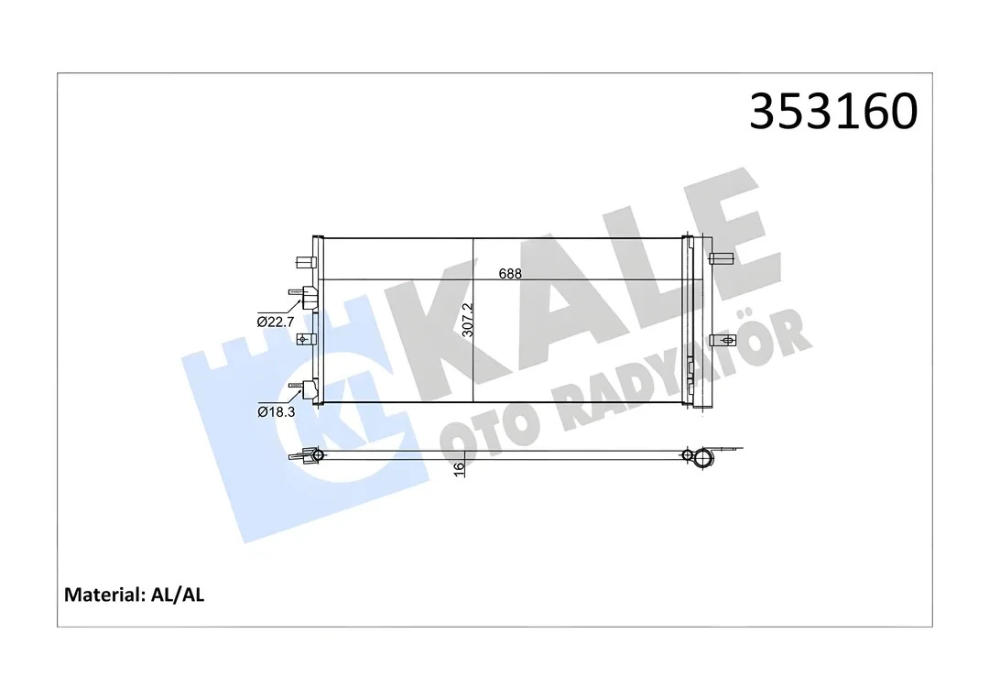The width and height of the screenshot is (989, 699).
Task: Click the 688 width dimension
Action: [510, 273]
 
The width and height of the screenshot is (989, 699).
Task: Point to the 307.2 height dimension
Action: [468, 321]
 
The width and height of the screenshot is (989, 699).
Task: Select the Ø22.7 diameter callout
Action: [275, 322]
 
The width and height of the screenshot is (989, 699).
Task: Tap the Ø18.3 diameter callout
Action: [275, 412]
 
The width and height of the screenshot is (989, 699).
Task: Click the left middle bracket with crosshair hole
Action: [304, 340]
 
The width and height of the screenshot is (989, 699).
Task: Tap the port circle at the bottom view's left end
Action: [317, 455]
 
